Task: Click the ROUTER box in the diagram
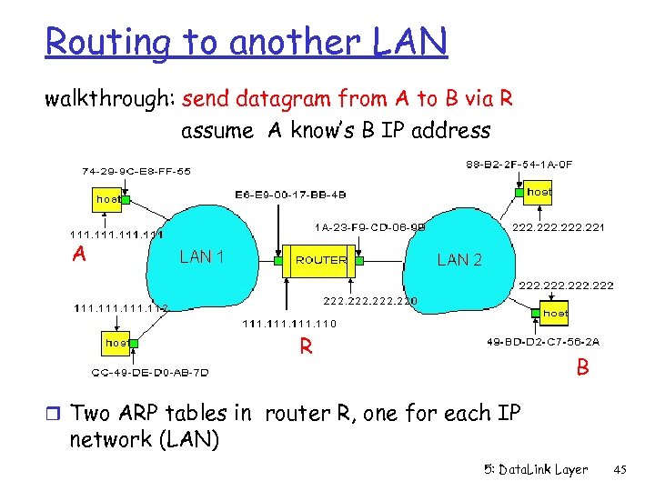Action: [321, 260]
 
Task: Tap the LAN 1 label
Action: [202, 256]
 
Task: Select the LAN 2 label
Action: [459, 260]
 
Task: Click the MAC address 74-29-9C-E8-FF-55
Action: [136, 170]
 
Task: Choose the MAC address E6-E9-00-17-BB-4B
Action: [290, 194]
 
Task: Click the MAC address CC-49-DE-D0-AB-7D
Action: [150, 372]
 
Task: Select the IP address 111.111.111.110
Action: [289, 324]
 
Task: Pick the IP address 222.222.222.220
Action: [371, 300]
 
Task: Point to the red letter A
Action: [80, 255]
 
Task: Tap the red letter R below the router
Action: [307, 346]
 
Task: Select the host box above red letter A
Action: [107, 197]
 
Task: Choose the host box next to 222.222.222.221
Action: [539, 192]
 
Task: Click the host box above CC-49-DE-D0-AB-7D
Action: [116, 343]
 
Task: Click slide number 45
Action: [621, 470]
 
